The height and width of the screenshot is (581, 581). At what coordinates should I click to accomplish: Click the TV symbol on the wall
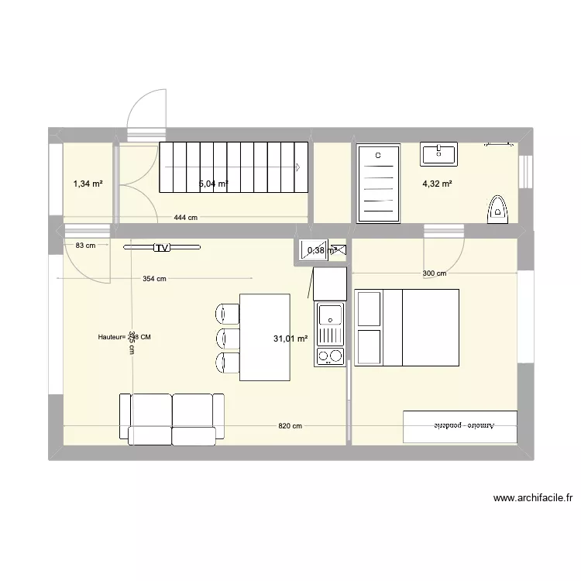(x=161, y=248)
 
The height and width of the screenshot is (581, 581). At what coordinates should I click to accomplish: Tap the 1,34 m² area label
(x=88, y=184)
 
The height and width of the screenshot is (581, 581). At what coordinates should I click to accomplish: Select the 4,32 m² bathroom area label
(x=437, y=184)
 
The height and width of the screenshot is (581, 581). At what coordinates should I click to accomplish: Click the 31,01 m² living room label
(x=290, y=339)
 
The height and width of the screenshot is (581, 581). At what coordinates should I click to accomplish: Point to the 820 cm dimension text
(x=290, y=426)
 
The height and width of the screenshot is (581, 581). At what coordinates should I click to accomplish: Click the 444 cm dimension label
(x=185, y=218)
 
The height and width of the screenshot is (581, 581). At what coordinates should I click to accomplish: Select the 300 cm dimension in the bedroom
(x=435, y=273)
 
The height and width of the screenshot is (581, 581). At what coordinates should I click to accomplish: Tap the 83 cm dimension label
(x=86, y=246)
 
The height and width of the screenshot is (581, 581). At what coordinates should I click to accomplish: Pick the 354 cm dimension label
(x=155, y=279)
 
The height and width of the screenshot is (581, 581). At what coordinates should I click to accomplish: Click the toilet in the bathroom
(x=496, y=208)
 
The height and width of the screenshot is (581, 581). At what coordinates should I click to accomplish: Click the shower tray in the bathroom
(x=379, y=183)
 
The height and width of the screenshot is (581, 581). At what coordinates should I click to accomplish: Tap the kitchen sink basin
(x=331, y=316)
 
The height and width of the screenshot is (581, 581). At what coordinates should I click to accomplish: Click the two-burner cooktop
(x=331, y=356)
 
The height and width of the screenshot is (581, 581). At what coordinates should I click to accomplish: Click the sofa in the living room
(x=171, y=418)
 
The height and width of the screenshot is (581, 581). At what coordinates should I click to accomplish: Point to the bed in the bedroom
(x=407, y=327)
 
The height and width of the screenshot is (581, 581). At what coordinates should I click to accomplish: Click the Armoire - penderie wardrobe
(x=460, y=426)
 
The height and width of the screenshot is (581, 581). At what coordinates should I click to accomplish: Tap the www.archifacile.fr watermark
(x=531, y=499)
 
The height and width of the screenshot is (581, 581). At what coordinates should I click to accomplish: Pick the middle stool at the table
(x=227, y=338)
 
